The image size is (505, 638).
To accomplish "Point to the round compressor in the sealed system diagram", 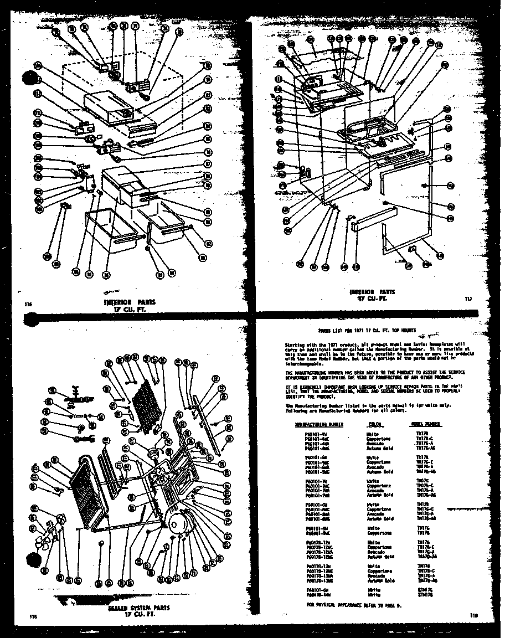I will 182,522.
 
